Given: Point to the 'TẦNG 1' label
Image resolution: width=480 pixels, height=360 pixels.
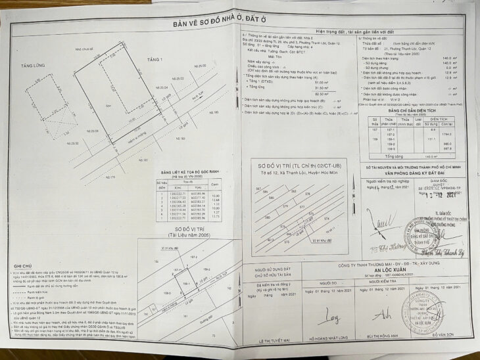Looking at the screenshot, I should (x=155, y=60).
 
